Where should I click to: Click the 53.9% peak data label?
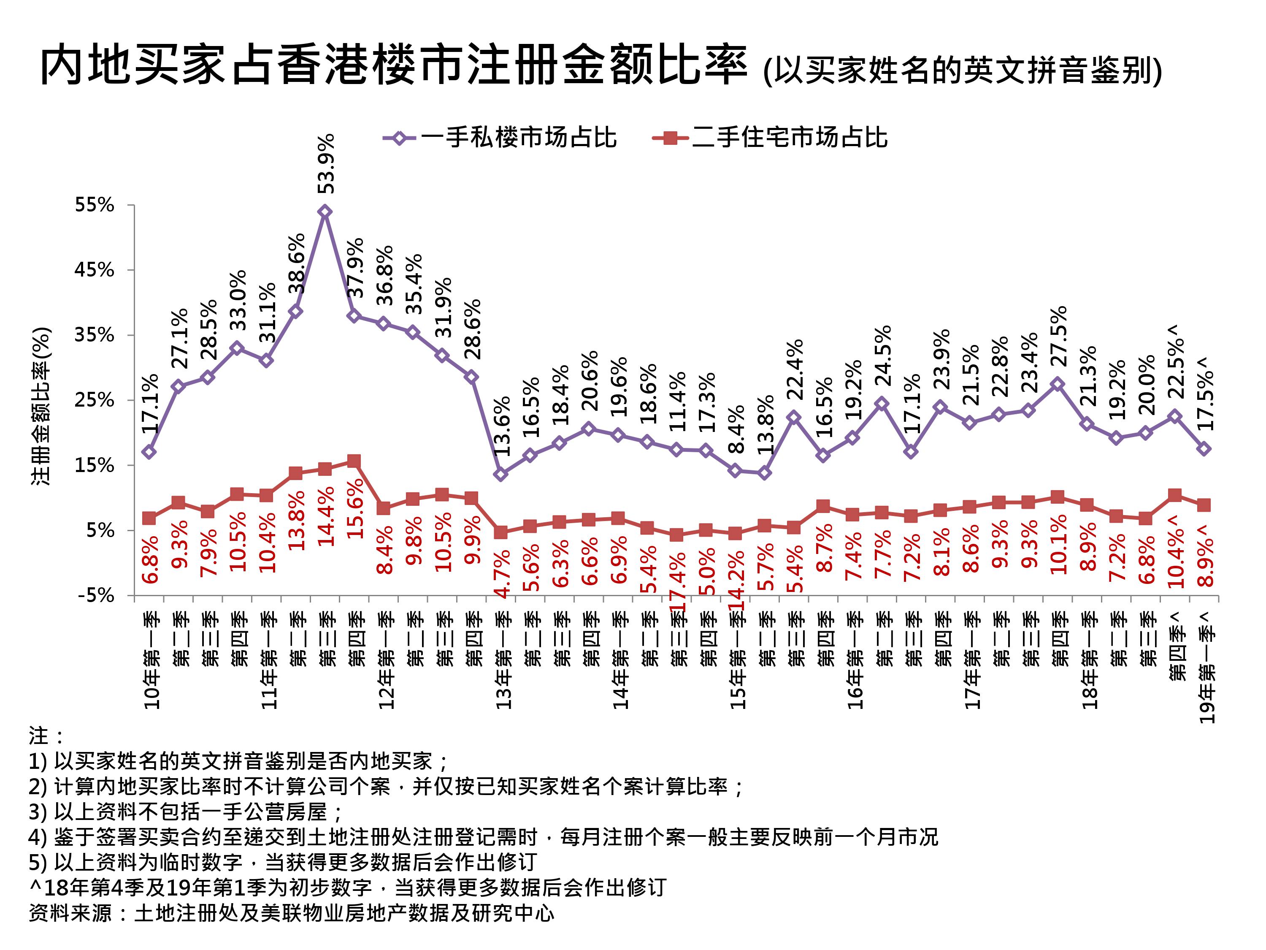point(326,164)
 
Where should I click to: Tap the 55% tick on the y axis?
point(95,205)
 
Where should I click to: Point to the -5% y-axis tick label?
point(96,595)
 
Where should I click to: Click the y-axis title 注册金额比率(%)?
point(41,406)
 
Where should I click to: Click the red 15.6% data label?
point(355,508)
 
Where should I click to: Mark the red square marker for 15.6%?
point(354,461)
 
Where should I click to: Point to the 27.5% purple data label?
point(1059,336)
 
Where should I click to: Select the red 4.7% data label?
point(502,574)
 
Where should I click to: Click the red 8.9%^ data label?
point(1205,556)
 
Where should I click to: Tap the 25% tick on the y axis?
point(95,400)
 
